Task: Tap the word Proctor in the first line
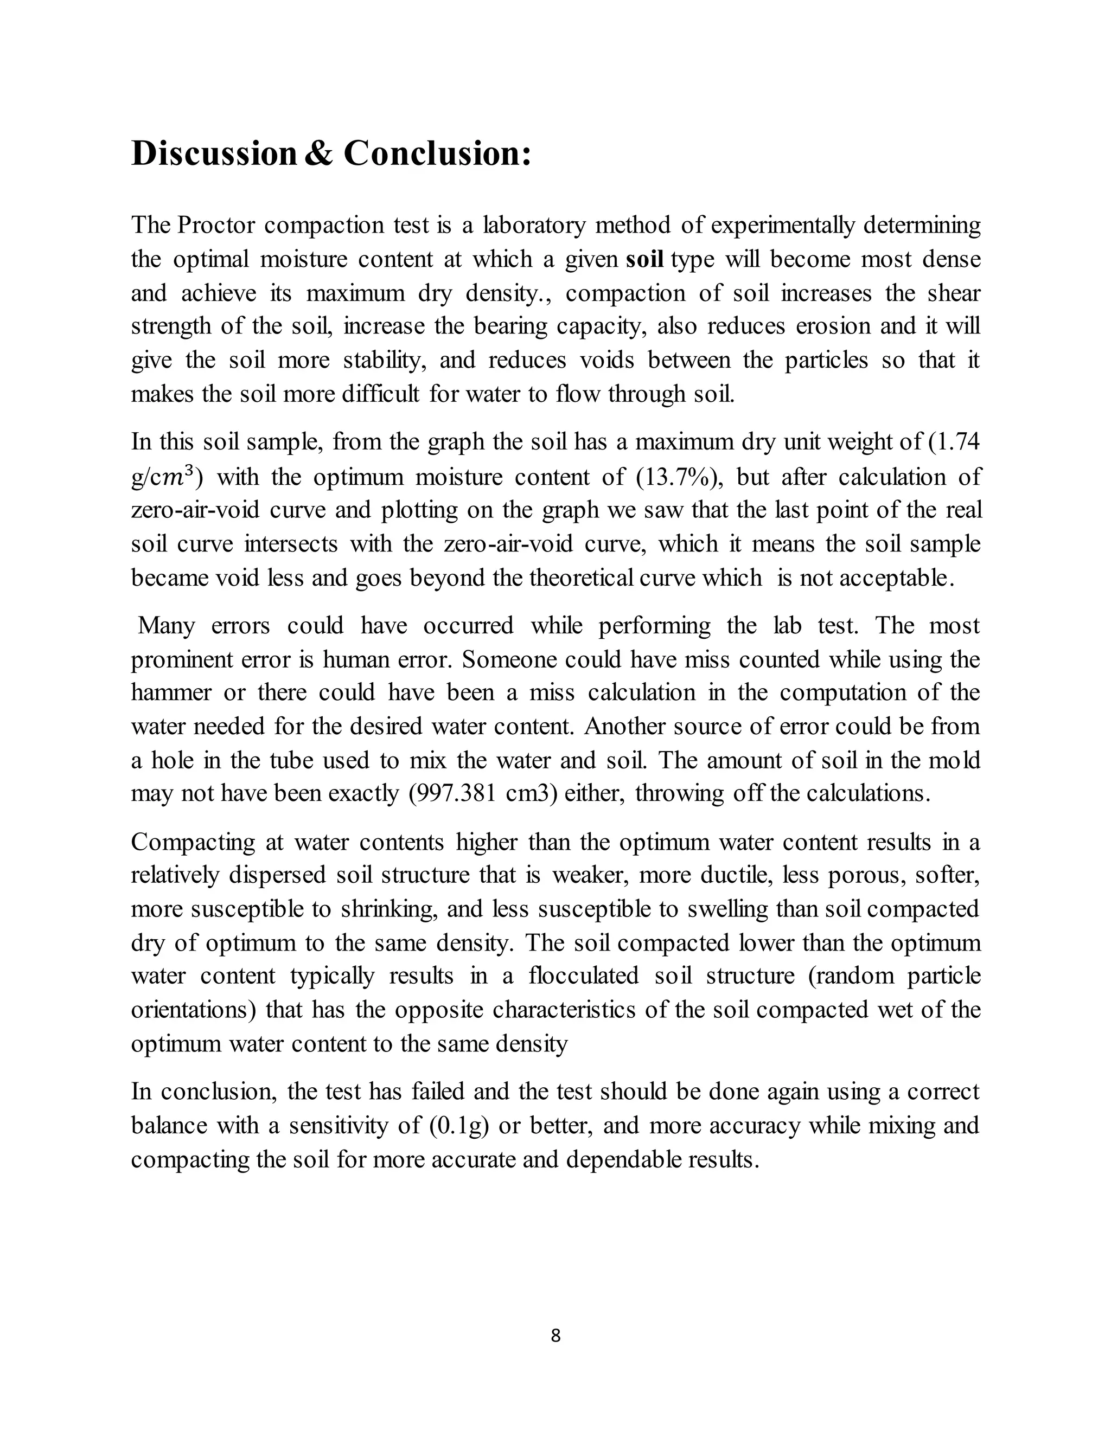[216, 225]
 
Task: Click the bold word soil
[644, 259]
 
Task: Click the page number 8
[555, 1336]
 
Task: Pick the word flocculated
[583, 975]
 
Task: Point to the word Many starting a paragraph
[166, 625]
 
